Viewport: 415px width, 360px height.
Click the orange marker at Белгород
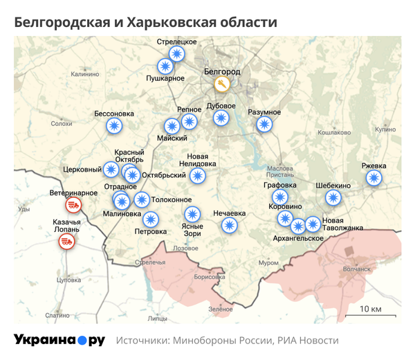[x=221, y=84]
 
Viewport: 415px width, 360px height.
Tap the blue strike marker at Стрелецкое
[x=178, y=54]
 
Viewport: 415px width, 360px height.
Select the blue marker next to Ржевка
[x=373, y=178]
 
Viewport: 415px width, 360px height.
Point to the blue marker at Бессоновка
[x=114, y=126]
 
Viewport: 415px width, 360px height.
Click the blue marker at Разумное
[x=264, y=125]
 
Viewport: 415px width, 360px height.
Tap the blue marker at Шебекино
[x=333, y=198]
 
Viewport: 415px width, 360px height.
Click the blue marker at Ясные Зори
[x=192, y=214]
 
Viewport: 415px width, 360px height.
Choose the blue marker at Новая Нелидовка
[x=198, y=176]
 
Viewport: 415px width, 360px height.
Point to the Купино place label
[x=385, y=129]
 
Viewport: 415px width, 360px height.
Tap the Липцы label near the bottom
[x=157, y=319]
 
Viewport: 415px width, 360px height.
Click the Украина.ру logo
[x=59, y=340]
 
